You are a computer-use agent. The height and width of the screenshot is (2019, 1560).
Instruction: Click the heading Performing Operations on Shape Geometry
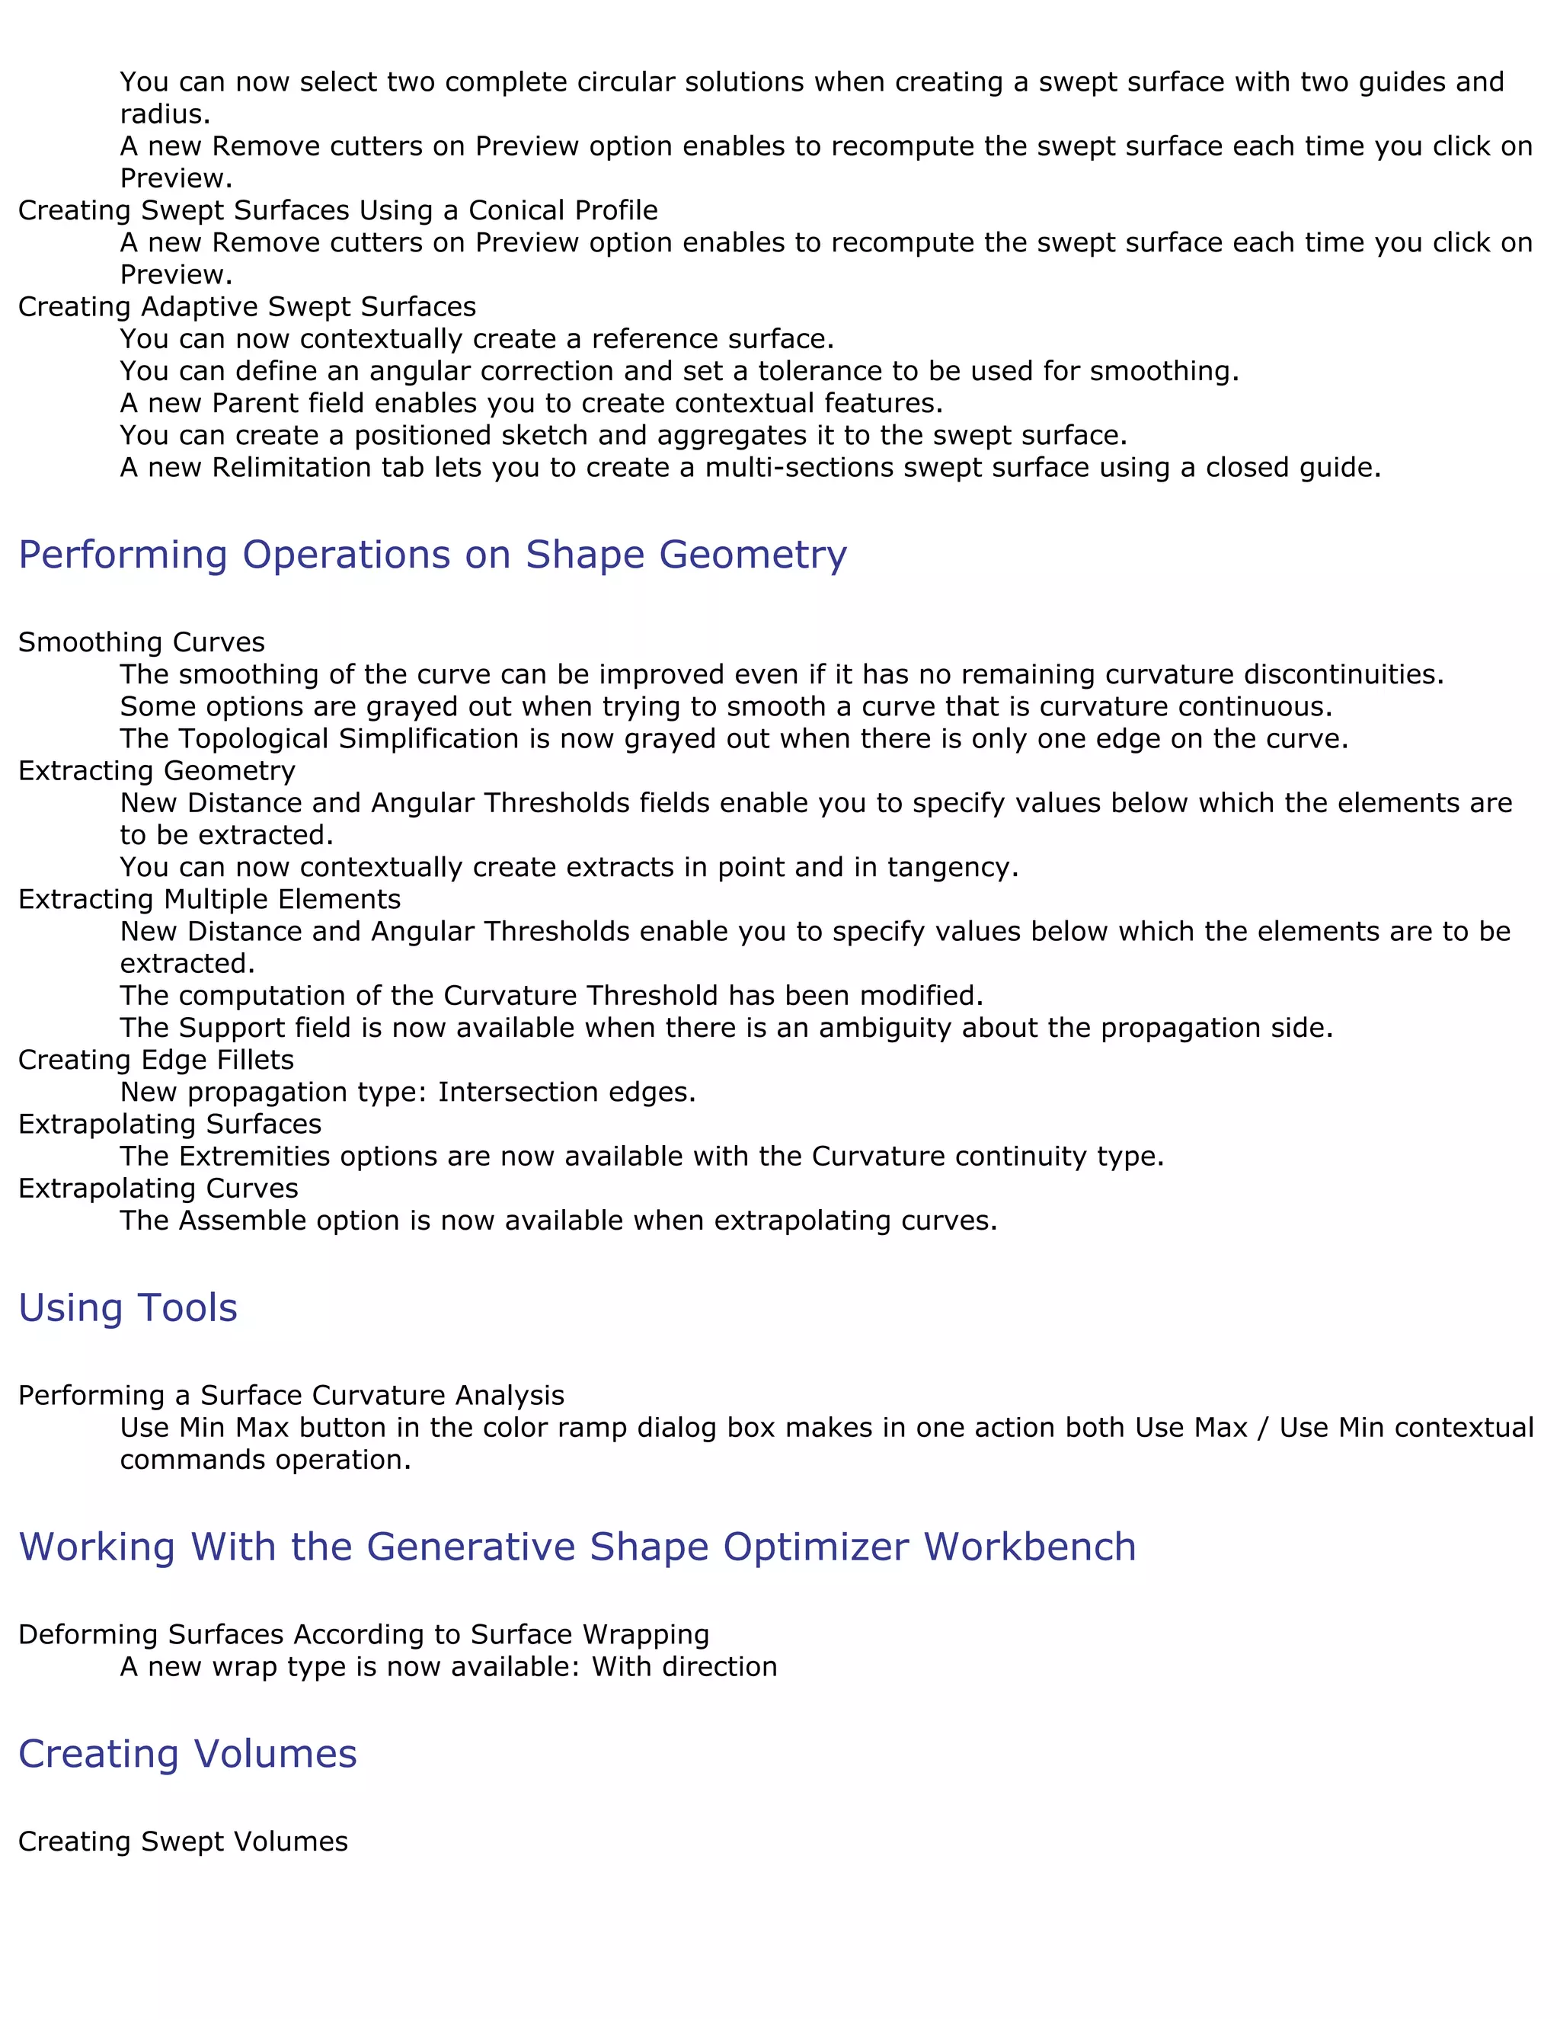[433, 555]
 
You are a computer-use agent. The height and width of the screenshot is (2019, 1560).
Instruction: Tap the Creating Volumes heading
[187, 1754]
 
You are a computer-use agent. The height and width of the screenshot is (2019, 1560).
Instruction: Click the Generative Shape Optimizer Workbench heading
[577, 1547]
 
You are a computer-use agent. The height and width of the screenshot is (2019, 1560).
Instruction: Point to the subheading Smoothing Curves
[142, 642]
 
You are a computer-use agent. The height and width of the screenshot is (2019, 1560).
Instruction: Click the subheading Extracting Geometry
[157, 770]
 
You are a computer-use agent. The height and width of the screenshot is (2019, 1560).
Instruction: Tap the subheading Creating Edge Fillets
[156, 1060]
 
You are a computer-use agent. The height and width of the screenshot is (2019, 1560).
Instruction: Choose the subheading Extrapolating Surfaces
[170, 1123]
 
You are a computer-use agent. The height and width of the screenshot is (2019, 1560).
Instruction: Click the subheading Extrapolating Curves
[158, 1188]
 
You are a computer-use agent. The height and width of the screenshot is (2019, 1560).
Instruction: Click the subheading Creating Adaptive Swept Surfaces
[247, 306]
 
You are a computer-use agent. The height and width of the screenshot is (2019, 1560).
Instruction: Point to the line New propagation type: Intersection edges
[408, 1092]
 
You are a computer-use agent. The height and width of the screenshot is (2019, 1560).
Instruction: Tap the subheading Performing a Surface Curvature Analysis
[291, 1395]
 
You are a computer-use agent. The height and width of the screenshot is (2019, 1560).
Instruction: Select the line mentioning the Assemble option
[558, 1221]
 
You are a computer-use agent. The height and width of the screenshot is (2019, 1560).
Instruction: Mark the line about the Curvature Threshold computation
[551, 996]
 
